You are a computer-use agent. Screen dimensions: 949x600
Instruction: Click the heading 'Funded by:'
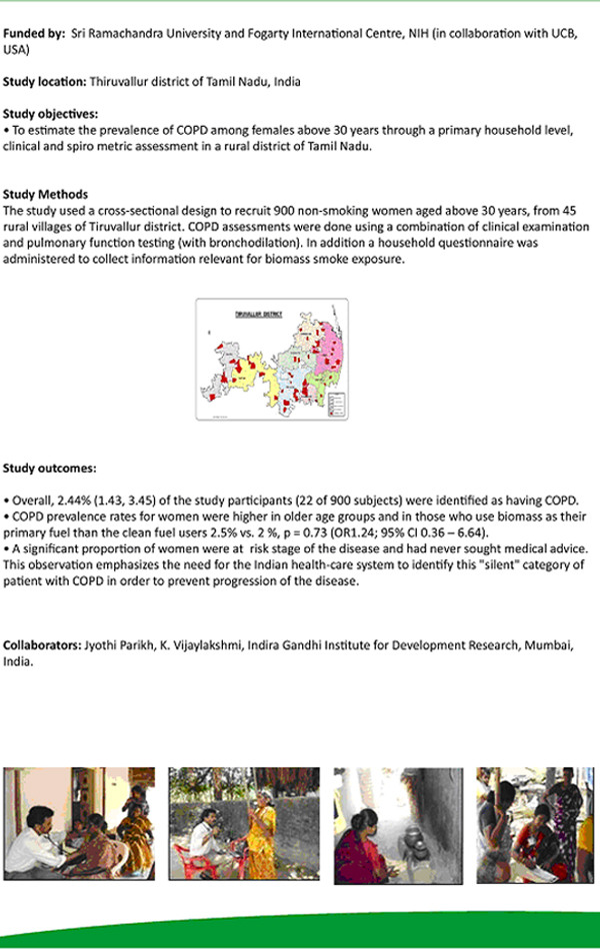point(33,33)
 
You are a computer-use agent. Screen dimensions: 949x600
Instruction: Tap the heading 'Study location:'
point(45,81)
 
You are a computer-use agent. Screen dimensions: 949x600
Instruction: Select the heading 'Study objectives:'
point(50,114)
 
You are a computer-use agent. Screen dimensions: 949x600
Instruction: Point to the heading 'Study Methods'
point(46,194)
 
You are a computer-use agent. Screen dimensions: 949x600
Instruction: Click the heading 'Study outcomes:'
point(50,467)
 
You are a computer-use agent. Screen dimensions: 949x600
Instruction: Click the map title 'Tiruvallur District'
point(258,314)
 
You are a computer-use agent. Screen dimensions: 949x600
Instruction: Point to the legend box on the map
point(336,403)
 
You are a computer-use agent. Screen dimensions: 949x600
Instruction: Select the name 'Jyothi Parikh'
point(122,646)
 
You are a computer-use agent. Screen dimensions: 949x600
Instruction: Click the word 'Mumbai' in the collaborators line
point(548,646)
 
